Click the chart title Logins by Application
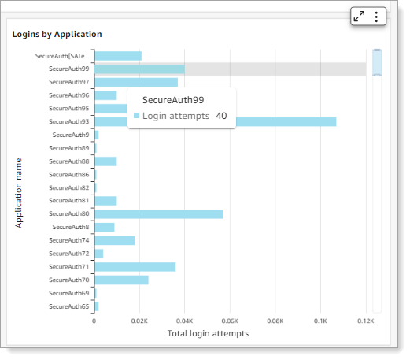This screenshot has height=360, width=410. coord(57,35)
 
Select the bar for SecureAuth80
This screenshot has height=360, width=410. coord(158,213)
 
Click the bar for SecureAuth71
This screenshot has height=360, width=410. coord(135,266)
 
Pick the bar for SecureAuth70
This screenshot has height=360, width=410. coord(121,280)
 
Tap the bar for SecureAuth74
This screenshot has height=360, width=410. coord(114,240)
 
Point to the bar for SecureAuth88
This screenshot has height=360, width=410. coord(105,161)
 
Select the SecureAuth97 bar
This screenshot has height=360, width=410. coord(135,82)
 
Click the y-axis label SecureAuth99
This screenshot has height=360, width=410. coord(68,69)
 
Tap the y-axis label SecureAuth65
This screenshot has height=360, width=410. coord(68,306)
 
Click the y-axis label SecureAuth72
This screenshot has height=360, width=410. coord(68,254)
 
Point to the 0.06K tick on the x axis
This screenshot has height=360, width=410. coord(230,321)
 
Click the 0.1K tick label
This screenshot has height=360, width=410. coord(320,321)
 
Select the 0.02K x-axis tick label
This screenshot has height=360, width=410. coord(139,321)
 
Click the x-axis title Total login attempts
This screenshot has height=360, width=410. coord(208,334)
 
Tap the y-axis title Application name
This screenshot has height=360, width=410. coord(19,193)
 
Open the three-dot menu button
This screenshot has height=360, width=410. coord(376,17)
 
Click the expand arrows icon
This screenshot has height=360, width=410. coord(360,17)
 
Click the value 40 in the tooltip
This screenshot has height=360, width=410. coord(222,116)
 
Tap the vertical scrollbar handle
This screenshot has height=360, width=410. coord(377,62)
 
